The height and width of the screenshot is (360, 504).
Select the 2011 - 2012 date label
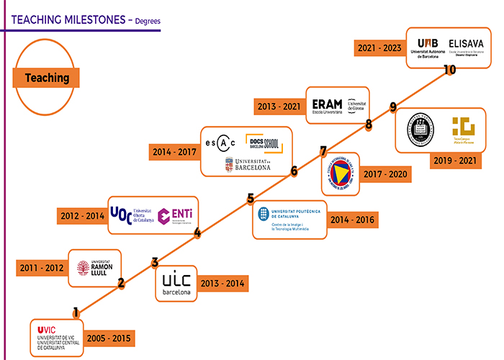click(x=41, y=269)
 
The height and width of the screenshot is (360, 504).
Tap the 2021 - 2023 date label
click(x=379, y=48)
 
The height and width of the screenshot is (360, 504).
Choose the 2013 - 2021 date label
click(x=279, y=107)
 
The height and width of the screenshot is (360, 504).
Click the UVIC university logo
click(x=58, y=336)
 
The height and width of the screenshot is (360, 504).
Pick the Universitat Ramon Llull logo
click(x=94, y=267)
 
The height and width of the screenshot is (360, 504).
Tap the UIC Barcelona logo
click(x=176, y=283)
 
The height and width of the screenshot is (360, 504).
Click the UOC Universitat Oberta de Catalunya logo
click(x=131, y=214)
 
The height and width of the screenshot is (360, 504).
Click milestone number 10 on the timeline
click(x=450, y=70)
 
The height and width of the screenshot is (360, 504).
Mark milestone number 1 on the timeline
click(x=76, y=312)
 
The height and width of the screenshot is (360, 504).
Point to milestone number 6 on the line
click(x=294, y=171)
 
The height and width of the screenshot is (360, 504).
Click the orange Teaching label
click(x=47, y=78)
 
